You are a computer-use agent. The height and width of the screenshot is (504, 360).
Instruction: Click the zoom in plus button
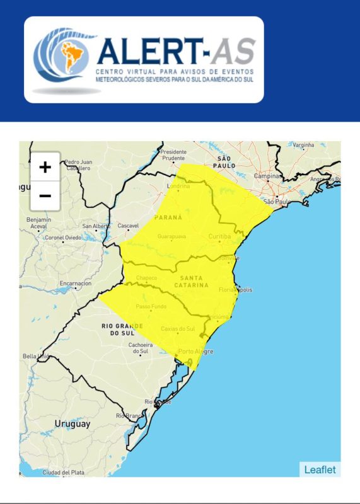pyautogui.click(x=45, y=167)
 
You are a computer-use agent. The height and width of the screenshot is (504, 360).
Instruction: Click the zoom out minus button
pyautogui.click(x=45, y=196)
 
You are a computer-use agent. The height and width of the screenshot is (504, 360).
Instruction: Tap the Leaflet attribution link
pyautogui.click(x=320, y=469)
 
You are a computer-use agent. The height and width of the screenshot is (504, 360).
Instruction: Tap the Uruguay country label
pyautogui.click(x=72, y=423)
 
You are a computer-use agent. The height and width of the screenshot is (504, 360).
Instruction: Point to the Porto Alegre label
pyautogui.click(x=195, y=351)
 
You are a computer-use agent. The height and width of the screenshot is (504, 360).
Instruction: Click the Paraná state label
pyautogui.click(x=168, y=217)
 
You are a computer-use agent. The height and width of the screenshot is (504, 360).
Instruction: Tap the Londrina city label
pyautogui.click(x=178, y=186)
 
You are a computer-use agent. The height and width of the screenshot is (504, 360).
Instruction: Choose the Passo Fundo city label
pyautogui.click(x=149, y=307)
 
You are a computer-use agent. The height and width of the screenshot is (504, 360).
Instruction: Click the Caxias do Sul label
pyautogui.click(x=178, y=329)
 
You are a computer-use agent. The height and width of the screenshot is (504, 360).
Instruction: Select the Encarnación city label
pyautogui.click(x=76, y=283)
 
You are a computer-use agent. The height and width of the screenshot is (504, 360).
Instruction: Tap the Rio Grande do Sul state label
pyautogui.click(x=119, y=329)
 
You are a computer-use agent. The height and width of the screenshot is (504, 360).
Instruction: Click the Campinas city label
pyautogui.click(x=267, y=176)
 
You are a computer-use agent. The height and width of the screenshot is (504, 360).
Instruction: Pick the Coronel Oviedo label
pyautogui.click(x=62, y=238)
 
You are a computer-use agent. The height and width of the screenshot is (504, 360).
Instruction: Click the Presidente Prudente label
pyautogui.click(x=174, y=155)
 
